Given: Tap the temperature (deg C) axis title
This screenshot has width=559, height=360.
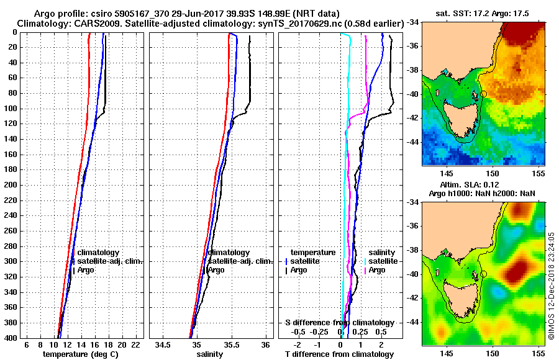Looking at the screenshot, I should (80, 354).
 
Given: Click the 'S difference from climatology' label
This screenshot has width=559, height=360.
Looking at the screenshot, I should (339, 323).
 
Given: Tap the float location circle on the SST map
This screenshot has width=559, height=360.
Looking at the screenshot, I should (484, 94).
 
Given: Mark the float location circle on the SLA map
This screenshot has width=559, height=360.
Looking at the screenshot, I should (484, 274).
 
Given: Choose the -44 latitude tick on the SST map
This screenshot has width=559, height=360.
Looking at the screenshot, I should (413, 142).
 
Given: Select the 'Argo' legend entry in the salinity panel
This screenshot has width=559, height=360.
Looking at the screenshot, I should (216, 270).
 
